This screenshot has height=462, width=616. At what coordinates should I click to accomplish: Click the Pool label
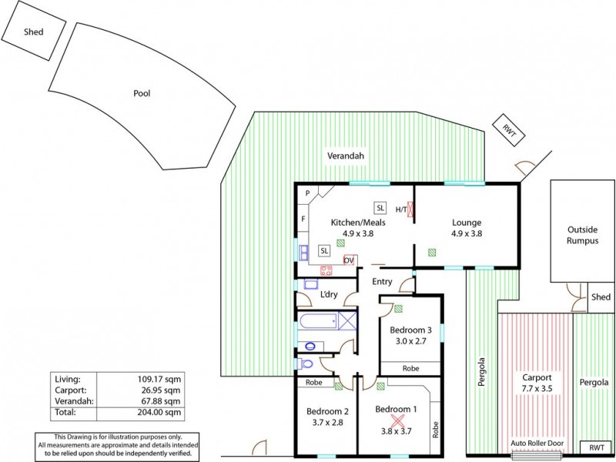click(142, 93)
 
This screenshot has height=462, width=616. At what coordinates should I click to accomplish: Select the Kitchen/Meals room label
click(357, 223)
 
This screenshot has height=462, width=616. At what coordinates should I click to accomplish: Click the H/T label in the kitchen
click(401, 209)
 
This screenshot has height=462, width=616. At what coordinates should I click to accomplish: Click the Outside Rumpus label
click(582, 235)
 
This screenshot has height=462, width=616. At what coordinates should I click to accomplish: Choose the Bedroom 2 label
click(324, 410)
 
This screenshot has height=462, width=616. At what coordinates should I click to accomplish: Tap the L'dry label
click(329, 295)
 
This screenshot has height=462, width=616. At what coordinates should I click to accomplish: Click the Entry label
click(383, 282)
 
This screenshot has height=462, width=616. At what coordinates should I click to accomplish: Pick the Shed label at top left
click(33, 32)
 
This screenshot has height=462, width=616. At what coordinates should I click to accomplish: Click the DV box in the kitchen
click(350, 260)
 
